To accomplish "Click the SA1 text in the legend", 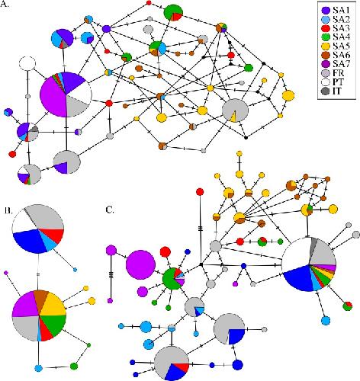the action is [x=341, y=10].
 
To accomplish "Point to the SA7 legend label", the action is [x=341, y=64].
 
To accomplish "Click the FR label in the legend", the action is [x=338, y=73].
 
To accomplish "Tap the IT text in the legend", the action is [x=336, y=91].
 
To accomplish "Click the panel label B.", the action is [x=8, y=210].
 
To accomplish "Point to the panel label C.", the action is [x=110, y=210].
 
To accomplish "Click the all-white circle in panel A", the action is [x=27, y=63].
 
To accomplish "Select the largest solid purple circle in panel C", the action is [x=140, y=264].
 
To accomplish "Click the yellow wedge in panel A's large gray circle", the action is [x=234, y=117].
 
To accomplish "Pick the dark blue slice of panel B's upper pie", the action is [x=28, y=240].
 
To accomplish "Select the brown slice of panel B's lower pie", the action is [x=41, y=299].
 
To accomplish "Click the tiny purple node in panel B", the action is [x=6, y=273].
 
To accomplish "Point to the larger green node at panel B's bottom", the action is [x=74, y=366].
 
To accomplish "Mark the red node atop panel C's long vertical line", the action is [x=200, y=192].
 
